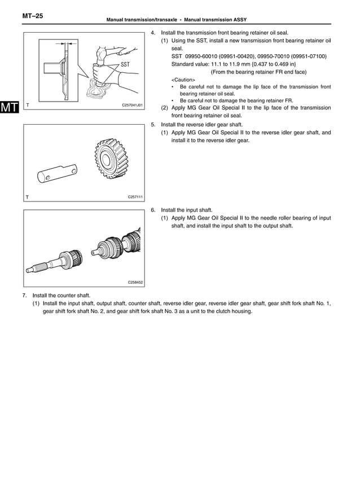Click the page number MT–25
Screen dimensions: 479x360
(x=33, y=17)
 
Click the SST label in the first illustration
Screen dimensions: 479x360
(x=128, y=64)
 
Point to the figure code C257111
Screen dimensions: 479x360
(x=135, y=197)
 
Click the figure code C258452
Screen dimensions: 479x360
(x=135, y=282)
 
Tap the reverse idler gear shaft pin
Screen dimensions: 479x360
(x=57, y=173)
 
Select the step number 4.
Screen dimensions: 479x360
(x=153, y=33)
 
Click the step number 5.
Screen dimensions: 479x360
(x=153, y=125)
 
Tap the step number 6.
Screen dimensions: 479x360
(x=153, y=210)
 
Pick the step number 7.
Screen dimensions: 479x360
(x=24, y=296)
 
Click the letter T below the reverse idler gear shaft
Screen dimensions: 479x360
(x=27, y=197)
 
